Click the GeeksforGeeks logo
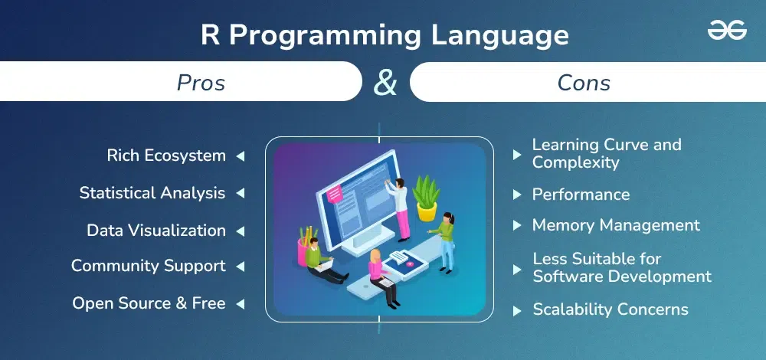pos(727,31)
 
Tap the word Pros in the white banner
pos(201,83)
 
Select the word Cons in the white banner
pos(584,83)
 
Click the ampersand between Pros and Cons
pos(385,82)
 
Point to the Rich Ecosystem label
pos(166,155)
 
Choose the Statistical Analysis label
pos(152,193)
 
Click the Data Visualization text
pos(156,230)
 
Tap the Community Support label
pos(149,267)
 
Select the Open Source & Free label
pos(149,303)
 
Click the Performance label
pos(581,195)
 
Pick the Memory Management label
pos(616,225)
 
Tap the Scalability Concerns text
pos(611,309)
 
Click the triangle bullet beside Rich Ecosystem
pos(241,155)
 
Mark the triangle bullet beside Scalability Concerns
pos(517,311)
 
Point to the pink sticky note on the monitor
pos(335,194)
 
